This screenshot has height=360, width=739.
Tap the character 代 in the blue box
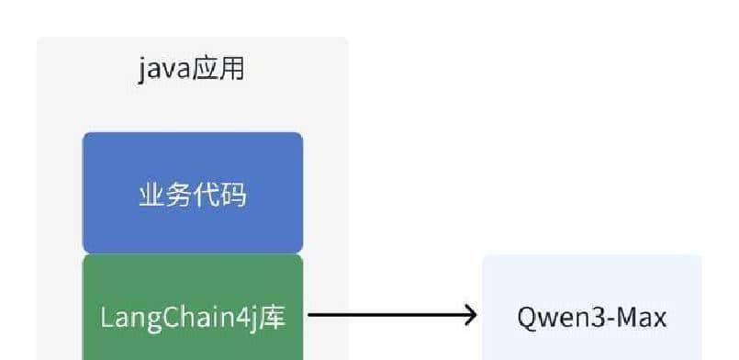[207, 195]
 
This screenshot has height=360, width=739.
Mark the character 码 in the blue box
[234, 195]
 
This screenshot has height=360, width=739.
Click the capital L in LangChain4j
[106, 318]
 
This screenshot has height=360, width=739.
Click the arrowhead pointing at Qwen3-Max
[470, 317]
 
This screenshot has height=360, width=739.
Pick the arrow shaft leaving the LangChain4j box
[386, 317]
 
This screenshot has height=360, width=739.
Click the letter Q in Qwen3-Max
[527, 318]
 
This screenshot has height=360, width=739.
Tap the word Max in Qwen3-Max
[643, 318]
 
